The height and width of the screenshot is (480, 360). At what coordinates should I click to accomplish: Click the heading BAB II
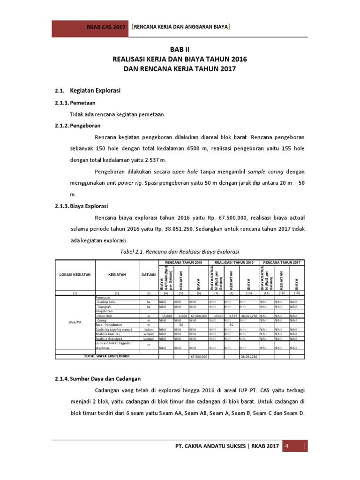[180, 49]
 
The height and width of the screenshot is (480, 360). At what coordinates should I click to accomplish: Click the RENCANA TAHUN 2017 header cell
[282, 262]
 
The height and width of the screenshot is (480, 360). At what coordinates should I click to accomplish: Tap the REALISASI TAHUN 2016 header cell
[233, 262]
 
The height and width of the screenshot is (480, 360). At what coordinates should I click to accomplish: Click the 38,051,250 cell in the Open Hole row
[248, 316]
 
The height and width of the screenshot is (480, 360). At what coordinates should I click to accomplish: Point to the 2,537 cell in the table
[232, 316]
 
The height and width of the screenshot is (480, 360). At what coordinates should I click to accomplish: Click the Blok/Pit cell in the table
[75, 323]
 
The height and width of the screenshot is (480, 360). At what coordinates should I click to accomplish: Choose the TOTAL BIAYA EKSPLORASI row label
[107, 356]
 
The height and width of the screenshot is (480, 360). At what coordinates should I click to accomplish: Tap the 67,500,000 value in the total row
[198, 357]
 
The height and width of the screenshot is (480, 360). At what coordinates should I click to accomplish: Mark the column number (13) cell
[296, 292]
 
